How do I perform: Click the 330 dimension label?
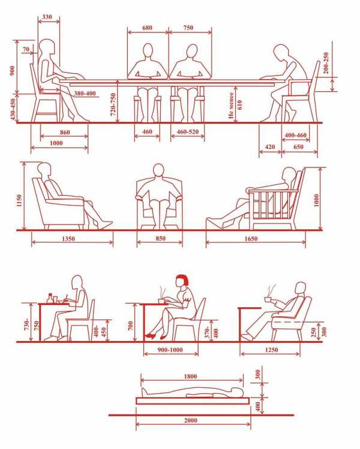coord(47,17)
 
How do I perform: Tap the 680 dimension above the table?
coord(147,28)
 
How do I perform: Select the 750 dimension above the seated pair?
coord(188,28)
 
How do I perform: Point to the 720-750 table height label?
coord(113,104)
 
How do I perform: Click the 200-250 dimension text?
coord(326,63)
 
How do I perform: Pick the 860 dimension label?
coord(65,132)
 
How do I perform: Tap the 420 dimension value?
coord(270,147)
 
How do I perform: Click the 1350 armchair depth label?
coord(68,238)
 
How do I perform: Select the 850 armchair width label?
coord(160,238)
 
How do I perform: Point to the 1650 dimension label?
coord(251,238)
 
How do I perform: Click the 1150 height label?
coord(19,200)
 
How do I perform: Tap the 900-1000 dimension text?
coord(170,350)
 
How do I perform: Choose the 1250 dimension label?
coord(271,350)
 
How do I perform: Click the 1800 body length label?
coord(190,376)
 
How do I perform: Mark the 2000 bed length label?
coord(191,420)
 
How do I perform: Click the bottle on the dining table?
coord(50,298)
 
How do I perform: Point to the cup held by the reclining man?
coord(268,299)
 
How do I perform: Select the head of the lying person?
coord(237,391)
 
